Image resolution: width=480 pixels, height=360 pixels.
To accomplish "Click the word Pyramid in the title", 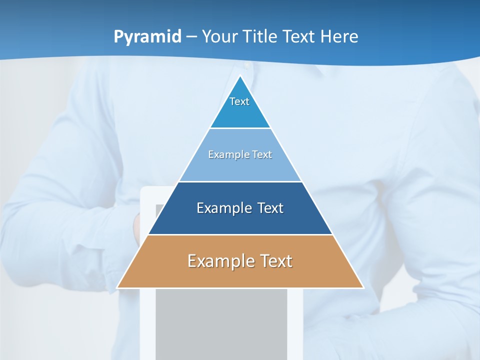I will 147,37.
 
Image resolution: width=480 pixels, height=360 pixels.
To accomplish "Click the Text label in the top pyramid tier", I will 239,101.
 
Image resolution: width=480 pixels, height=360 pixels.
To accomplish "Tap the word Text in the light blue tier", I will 262,154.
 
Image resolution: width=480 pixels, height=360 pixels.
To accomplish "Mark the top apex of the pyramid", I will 240,76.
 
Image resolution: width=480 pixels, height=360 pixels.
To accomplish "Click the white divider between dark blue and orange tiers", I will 240,234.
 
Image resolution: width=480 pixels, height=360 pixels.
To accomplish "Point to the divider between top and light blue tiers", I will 240,128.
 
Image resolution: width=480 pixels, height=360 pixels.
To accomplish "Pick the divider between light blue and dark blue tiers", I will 240,181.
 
